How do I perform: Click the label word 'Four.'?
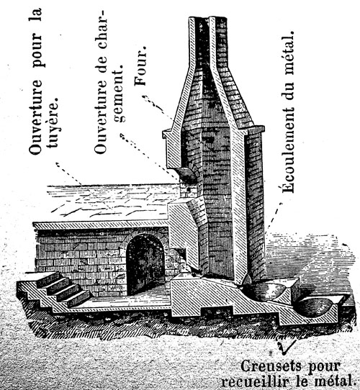pos(140,66)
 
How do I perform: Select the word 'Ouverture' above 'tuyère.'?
pos(35,117)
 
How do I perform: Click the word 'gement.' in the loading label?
pos(118,94)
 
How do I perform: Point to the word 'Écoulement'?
pos(288,150)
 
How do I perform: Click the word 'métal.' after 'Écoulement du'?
pos(288,53)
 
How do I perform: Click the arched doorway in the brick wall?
pos(145,265)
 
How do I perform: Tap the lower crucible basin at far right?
pos(315,307)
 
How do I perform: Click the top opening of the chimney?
pos(207,18)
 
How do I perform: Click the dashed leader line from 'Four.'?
pos(158,107)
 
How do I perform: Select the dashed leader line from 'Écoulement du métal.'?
pos(274,218)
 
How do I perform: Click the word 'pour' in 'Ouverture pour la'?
pos(37,52)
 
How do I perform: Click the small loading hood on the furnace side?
pos(186,173)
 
